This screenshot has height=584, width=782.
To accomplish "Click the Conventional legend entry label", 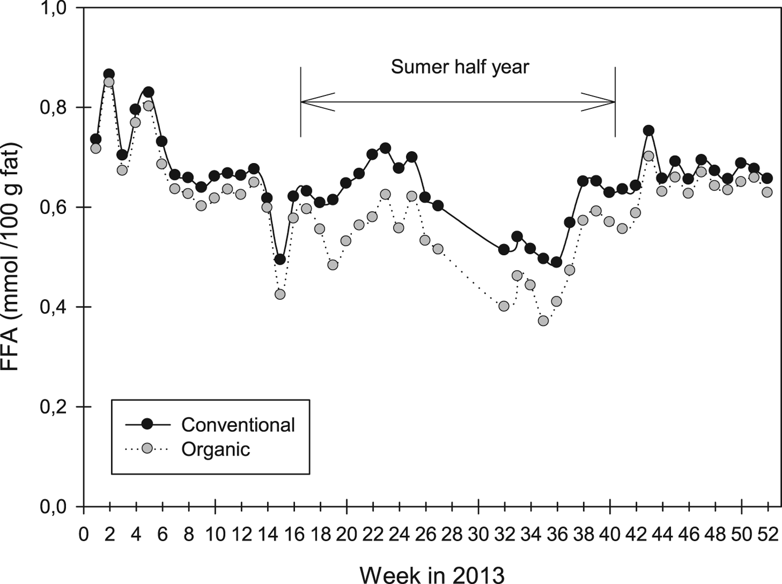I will coord(238,425).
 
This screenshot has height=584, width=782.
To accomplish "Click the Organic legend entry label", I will coord(216,449).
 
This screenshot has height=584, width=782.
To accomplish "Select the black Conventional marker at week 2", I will coord(109,74).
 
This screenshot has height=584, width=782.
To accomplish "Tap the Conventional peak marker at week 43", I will coord(649,131).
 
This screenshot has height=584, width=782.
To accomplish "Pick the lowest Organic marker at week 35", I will coord(543,320).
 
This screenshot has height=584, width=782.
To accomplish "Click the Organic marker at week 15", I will coord(280,294).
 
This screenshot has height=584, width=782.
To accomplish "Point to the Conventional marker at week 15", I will coord(280,259).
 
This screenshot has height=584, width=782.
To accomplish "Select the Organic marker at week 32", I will coord(504,306).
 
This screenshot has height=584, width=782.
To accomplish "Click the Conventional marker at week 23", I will coord(385,148).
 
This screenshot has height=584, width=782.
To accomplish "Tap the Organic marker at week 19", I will coord(333,265).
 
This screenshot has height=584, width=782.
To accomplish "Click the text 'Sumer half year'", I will coord(460,68).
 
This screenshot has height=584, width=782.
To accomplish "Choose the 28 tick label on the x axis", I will coord(452,534).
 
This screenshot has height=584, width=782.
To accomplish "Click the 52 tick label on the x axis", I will coord(767,534).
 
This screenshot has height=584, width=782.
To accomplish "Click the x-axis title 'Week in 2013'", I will coord(432,573).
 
